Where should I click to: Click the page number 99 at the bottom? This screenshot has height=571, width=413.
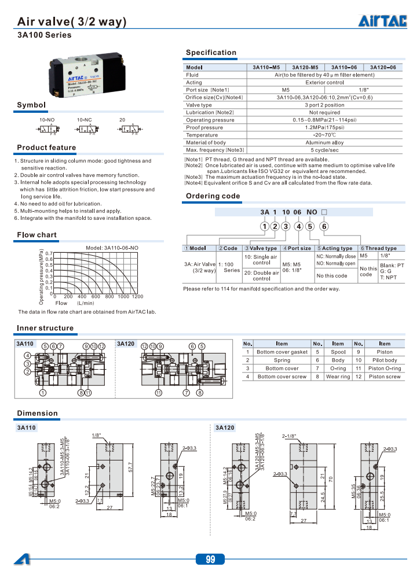pos(210,559)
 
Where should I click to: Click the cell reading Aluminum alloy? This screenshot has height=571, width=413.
pos(324,142)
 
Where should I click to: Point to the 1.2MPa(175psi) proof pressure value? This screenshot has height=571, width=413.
pos(324,127)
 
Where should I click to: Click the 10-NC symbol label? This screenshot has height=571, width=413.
pos(85,119)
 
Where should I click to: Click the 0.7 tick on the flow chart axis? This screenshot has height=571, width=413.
pos(49,254)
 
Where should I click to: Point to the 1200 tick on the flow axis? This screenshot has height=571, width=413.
pos(137,296)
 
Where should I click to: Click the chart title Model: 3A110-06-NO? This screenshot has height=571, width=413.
pos(112,248)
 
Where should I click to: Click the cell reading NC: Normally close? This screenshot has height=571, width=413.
pos(336,256)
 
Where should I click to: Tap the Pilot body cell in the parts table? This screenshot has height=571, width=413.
pos(385,360)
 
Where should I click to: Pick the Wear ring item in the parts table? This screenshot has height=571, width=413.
pos(338,377)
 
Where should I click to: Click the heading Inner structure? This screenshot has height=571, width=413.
pos(45,328)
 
